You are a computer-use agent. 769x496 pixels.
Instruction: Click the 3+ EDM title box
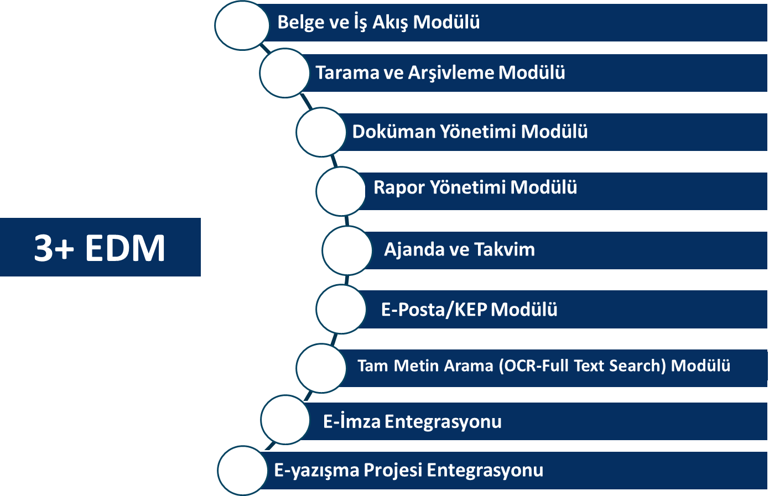(x=100, y=247)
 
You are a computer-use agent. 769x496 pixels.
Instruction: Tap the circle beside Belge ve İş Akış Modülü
(x=242, y=25)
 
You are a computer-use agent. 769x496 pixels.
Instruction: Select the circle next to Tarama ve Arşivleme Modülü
(x=284, y=73)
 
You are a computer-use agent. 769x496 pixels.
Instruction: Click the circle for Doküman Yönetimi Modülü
(x=321, y=132)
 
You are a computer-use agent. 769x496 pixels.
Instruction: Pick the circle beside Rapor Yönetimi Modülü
(x=341, y=191)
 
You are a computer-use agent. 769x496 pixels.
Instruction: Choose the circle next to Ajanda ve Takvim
(x=347, y=250)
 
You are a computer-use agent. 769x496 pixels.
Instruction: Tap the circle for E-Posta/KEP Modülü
(x=341, y=309)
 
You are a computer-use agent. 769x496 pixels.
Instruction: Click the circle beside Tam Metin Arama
(x=321, y=368)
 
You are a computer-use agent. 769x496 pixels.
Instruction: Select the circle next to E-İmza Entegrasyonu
(x=285, y=420)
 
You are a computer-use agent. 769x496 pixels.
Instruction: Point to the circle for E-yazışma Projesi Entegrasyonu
(x=242, y=471)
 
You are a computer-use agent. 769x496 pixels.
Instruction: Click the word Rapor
(x=399, y=188)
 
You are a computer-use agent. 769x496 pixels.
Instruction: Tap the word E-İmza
(x=352, y=421)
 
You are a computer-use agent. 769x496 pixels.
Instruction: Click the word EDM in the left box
(x=125, y=248)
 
